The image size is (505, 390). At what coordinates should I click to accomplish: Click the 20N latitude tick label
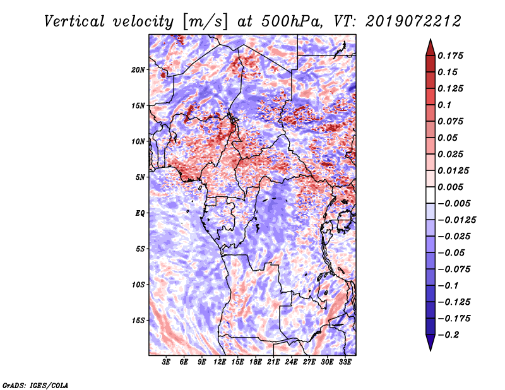(x=138, y=70)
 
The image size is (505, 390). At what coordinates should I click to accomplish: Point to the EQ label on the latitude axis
(x=140, y=213)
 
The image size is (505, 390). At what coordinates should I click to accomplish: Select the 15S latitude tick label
(x=138, y=321)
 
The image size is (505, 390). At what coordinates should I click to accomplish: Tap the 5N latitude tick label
(x=140, y=177)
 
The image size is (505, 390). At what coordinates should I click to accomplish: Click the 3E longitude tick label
(x=166, y=362)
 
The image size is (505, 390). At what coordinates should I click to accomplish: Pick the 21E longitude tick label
(x=273, y=362)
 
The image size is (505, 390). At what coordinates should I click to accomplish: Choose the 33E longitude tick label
(x=345, y=362)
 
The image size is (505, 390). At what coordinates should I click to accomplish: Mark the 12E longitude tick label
(x=220, y=362)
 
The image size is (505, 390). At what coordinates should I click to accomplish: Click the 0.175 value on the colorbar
(x=450, y=56)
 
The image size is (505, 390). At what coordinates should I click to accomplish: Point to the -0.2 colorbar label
(x=448, y=335)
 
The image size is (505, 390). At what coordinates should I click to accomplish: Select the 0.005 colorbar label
(x=450, y=187)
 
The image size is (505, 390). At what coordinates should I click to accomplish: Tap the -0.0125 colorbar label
(x=456, y=220)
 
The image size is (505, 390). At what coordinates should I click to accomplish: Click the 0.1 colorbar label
(x=444, y=105)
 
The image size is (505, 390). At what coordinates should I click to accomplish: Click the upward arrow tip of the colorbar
(x=431, y=39)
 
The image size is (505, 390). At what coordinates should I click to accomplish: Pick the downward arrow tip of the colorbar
(x=431, y=350)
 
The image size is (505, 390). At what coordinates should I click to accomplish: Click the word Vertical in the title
(x=74, y=21)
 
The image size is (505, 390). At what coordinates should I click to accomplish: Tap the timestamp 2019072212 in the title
(x=413, y=21)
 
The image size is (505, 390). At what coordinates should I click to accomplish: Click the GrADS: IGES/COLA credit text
(x=35, y=386)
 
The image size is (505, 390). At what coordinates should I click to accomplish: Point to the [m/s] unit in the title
(x=205, y=21)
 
